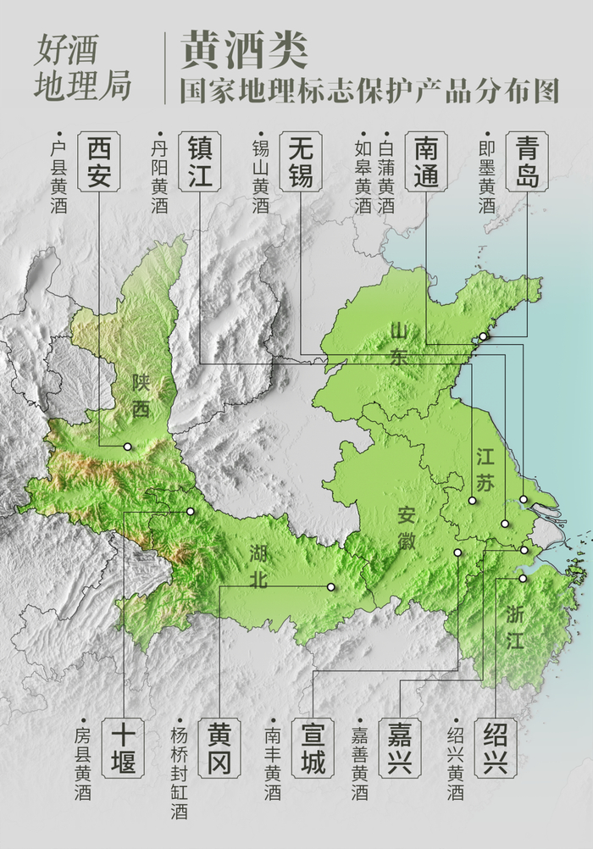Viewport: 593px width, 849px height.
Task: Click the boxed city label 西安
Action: point(99,161)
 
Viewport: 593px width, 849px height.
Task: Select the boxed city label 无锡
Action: point(300,161)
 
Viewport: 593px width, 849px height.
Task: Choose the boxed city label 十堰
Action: point(123,749)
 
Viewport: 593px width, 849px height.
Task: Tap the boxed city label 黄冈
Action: point(219,749)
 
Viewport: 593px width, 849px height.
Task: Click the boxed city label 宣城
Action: point(312,749)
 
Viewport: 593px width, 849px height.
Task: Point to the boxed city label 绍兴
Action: point(496,749)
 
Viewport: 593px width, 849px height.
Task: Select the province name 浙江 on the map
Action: point(516,626)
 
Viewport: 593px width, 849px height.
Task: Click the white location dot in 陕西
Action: point(128,447)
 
